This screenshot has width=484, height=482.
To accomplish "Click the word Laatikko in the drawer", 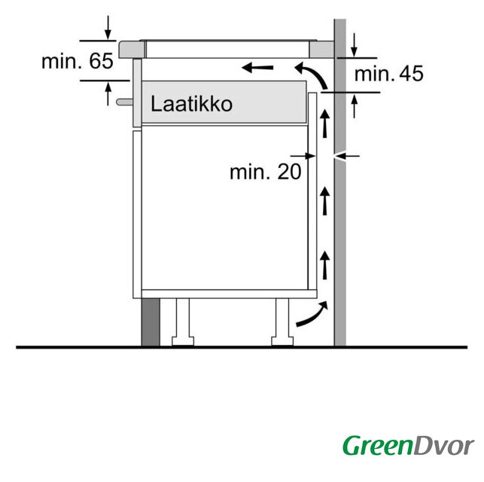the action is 191,104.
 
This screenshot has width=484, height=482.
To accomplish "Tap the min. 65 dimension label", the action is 78,61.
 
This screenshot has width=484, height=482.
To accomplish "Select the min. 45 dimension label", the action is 388,74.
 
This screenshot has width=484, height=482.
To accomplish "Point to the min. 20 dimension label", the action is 265,172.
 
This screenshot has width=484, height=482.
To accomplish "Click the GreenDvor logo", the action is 408,446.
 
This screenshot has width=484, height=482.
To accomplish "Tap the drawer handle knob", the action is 124,102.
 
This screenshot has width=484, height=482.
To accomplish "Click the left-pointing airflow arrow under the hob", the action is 257,67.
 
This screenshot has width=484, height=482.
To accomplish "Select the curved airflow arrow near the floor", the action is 312,313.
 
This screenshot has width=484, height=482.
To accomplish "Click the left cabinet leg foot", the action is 183,341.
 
